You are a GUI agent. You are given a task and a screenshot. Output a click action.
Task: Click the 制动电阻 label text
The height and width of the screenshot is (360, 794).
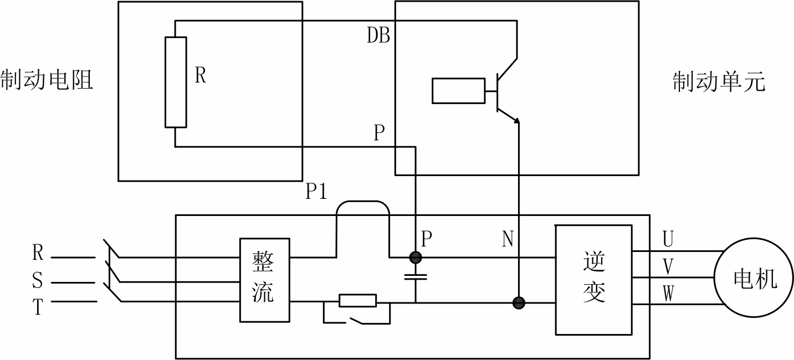coord(47,80)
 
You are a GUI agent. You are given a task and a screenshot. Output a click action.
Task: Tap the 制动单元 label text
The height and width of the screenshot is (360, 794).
coord(719,82)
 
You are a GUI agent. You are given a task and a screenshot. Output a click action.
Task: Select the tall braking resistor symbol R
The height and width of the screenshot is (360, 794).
coord(176,82)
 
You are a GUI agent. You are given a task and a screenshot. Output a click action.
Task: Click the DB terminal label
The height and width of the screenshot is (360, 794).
coord(378,35)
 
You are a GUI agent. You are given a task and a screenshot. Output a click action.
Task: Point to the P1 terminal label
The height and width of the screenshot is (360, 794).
coord(316,191)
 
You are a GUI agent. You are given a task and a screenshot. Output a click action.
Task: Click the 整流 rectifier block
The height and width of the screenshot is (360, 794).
coord(265,280)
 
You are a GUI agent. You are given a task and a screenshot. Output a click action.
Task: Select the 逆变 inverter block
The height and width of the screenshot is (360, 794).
coord(594,280)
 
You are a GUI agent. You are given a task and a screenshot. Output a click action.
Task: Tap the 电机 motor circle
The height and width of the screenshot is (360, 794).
coord(754,278)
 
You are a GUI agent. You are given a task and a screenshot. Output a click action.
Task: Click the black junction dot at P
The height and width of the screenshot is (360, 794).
coord(416,258)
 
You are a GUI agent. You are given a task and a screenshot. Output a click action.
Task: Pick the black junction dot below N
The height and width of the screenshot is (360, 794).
coord(519,303)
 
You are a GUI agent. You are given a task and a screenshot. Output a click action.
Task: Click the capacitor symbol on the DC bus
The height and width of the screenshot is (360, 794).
coord(416,277)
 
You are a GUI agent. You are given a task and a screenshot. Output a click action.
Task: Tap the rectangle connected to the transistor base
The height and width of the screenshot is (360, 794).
coord(458,91)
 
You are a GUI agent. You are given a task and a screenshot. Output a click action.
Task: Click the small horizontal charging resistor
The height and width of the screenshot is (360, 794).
coord(357,301)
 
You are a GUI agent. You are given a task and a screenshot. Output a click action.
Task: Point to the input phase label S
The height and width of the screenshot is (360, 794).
coord(37,280)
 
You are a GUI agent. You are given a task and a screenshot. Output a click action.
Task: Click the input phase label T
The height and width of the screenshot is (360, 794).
coord(38,307)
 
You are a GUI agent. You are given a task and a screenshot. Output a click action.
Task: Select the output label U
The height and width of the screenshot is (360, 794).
coord(668,239)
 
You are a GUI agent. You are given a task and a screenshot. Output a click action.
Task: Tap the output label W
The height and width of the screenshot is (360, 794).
coord(668,294)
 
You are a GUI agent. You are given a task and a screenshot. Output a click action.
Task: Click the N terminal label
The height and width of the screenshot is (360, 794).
coord(508,239)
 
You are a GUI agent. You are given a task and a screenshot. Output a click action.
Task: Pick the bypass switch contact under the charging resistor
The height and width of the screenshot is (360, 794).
coord(357,321)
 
